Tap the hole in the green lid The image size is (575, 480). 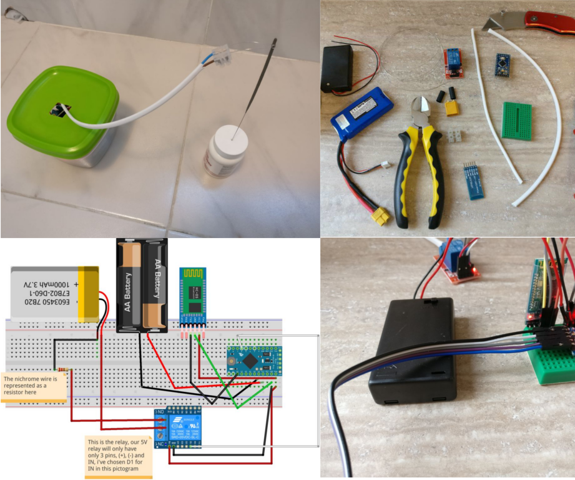point(59,110)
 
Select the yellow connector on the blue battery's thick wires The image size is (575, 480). point(380,217)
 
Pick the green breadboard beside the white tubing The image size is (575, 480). point(516,121)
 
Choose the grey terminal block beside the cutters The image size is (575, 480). point(455,137)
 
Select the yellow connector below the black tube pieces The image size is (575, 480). point(451,109)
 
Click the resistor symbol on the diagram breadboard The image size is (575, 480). point(63,370)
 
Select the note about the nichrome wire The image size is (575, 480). point(34,387)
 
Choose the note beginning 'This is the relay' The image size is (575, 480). point(118,456)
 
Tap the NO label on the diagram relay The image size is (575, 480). point(160,412)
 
